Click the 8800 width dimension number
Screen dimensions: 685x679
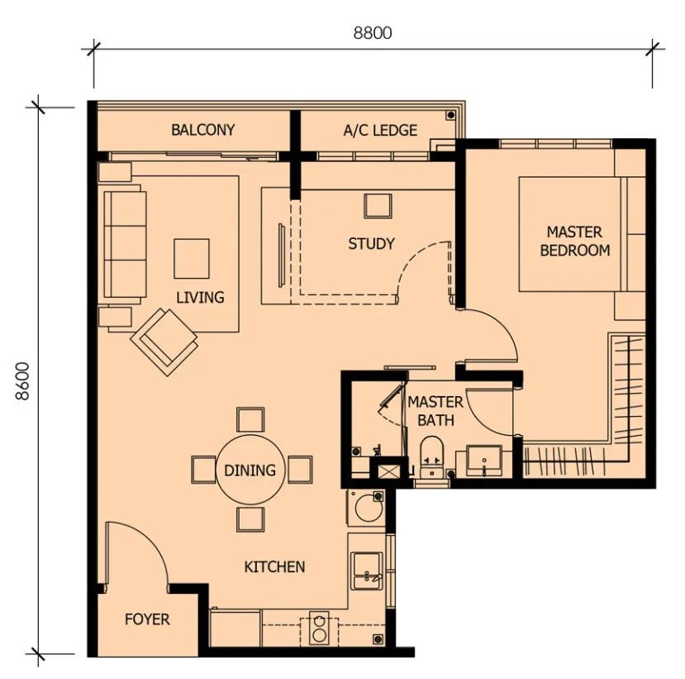coord(373,33)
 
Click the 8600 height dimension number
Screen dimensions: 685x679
coord(21,380)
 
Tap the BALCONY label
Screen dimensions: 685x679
coord(202,130)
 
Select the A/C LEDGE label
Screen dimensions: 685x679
coord(380,131)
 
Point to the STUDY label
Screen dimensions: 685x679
coord(371,243)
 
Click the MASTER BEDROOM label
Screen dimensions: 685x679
coord(575,241)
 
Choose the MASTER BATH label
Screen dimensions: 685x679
coord(435,411)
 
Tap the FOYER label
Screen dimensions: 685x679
coord(147,619)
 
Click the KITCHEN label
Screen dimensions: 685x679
coord(274,567)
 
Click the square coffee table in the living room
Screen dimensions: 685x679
coord(192,258)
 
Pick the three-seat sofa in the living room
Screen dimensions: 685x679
coord(125,245)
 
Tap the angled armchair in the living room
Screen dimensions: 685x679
coord(164,341)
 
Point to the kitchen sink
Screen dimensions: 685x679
coord(368,571)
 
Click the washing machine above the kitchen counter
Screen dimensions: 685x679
coord(366,507)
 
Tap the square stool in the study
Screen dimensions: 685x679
coord(378,205)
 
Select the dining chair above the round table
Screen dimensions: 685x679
coord(250,420)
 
